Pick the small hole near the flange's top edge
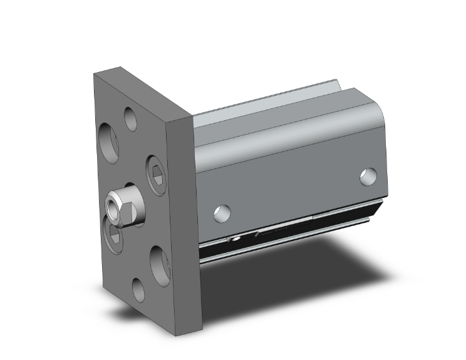130,118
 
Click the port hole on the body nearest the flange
220,213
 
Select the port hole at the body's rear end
369,177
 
